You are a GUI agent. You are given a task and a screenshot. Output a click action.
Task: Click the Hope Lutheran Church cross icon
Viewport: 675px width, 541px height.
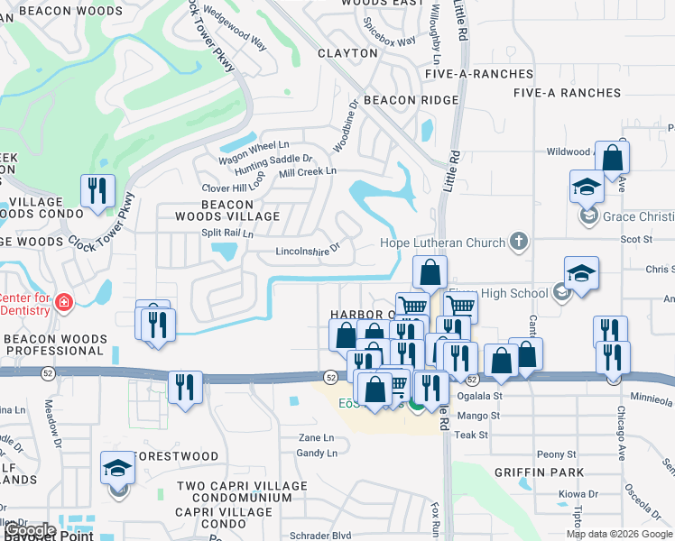pyautogui.click(x=518, y=241)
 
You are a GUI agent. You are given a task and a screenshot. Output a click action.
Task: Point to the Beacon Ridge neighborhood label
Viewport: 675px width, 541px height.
pyautogui.click(x=411, y=100)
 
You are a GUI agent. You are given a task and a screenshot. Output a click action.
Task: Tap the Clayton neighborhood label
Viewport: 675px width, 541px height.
pyautogui.click(x=347, y=53)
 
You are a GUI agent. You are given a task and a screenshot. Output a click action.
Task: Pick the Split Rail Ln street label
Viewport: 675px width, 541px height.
pyautogui.click(x=227, y=233)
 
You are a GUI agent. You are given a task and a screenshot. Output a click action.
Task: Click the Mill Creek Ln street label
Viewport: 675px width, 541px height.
pyautogui.click(x=308, y=170)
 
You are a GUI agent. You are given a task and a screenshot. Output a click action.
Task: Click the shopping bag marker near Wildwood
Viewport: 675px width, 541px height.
pyautogui.click(x=612, y=159)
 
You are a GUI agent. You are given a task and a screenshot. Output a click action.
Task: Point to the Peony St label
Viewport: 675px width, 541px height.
pyautogui.click(x=556, y=454)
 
